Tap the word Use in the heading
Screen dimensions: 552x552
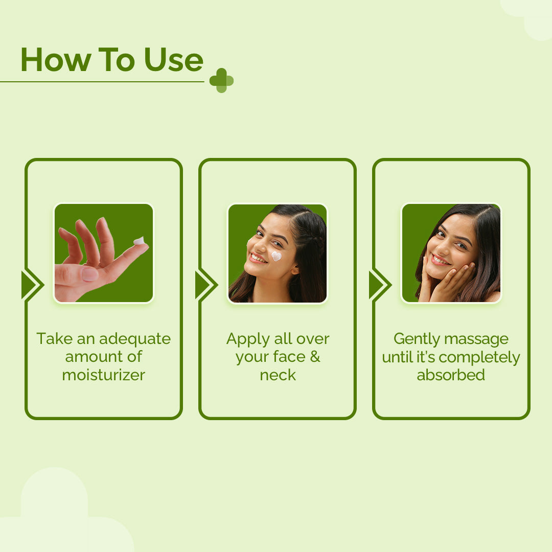click(174, 60)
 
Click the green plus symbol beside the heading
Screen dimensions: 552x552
click(221, 81)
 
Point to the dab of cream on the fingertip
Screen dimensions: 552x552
click(139, 241)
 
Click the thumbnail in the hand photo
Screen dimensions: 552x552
click(90, 274)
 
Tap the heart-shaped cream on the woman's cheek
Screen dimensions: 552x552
click(277, 256)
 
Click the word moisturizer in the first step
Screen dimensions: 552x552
click(103, 375)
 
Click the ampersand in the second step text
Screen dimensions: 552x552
click(315, 357)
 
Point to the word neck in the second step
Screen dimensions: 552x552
click(278, 375)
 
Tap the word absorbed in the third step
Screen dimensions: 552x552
click(451, 375)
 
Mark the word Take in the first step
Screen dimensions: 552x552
click(55, 339)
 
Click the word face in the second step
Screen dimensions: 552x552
click(289, 357)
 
